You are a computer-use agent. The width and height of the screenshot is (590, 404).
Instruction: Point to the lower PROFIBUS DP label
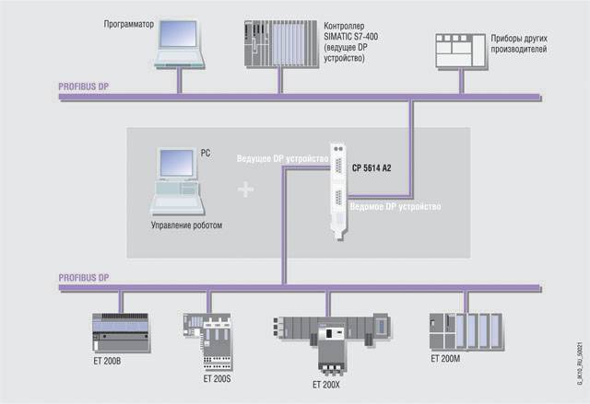[x=83, y=277]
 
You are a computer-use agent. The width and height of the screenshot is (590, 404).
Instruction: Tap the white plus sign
[x=245, y=190]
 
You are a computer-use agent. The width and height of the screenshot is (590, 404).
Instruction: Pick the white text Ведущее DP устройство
[x=282, y=158]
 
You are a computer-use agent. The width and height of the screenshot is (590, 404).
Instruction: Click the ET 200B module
[x=122, y=331]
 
